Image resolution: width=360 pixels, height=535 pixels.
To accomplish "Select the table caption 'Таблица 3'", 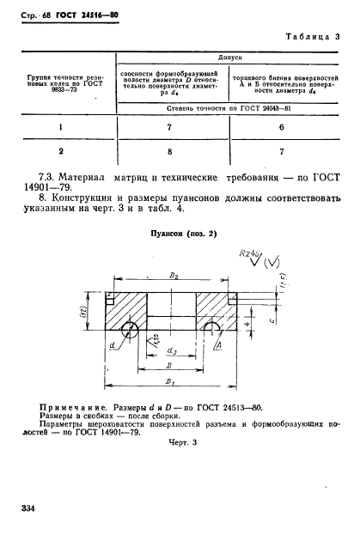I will pos(313,37).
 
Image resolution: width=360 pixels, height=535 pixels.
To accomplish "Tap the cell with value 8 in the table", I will pos(169,151).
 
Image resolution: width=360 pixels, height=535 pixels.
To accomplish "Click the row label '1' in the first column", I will pos(60,127).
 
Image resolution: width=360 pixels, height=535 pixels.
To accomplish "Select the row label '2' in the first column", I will pos(60,151).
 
